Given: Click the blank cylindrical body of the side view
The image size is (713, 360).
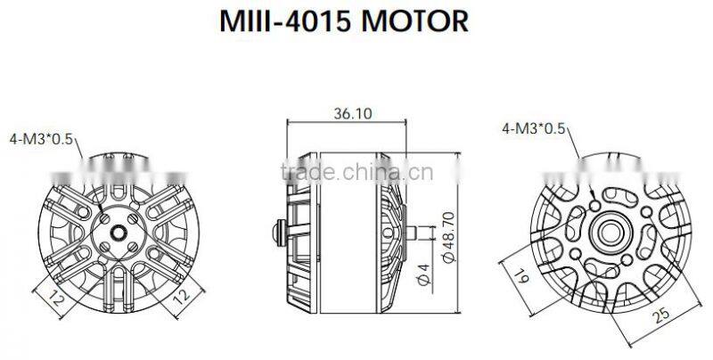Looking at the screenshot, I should point(343,250).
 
